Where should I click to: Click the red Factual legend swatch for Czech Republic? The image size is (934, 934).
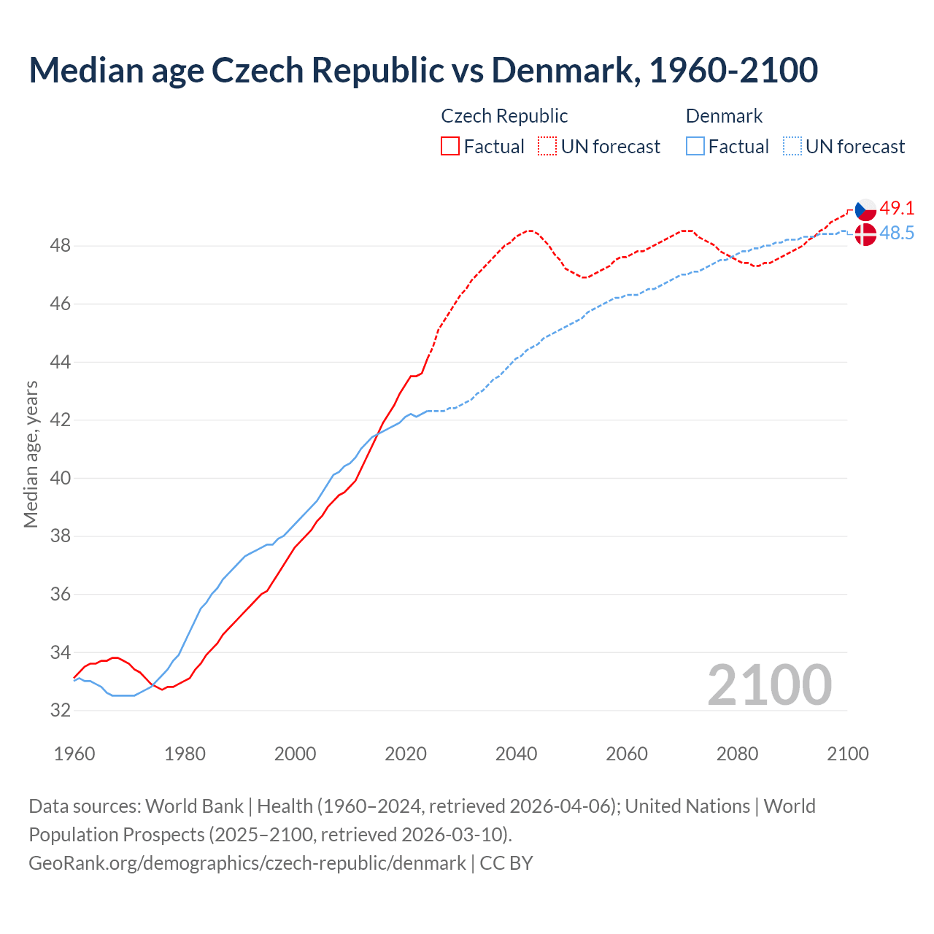click(x=450, y=146)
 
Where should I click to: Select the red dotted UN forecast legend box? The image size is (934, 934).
click(x=547, y=146)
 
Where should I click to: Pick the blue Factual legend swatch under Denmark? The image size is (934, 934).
click(x=695, y=146)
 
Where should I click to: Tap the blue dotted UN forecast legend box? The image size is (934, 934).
click(x=792, y=146)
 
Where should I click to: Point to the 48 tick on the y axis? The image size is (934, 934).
click(x=60, y=245)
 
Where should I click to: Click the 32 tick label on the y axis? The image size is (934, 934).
click(x=60, y=710)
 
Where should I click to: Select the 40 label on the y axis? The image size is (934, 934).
click(x=60, y=478)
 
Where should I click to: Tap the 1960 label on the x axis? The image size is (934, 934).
click(x=74, y=754)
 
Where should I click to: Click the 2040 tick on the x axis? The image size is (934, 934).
click(x=516, y=754)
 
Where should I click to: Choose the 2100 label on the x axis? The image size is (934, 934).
click(x=847, y=754)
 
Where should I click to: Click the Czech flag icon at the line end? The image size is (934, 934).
click(x=865, y=209)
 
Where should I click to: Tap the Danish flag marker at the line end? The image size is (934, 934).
click(x=865, y=234)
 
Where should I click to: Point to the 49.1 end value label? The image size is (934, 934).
click(x=897, y=208)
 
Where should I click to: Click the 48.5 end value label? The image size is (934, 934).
click(x=897, y=233)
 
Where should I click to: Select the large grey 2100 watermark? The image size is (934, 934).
click(x=769, y=684)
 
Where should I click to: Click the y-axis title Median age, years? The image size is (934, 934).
click(x=31, y=453)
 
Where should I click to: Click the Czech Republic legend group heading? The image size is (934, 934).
click(x=504, y=116)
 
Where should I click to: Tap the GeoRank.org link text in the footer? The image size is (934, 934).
click(x=247, y=862)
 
